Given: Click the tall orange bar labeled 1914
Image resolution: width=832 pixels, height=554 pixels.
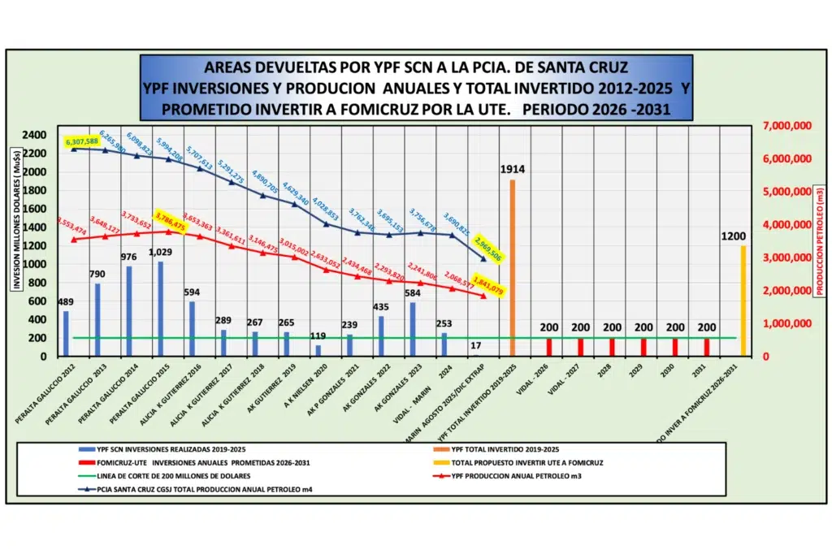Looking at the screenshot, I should [512, 268].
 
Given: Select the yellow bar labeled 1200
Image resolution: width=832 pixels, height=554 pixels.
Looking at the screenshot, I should [743, 301].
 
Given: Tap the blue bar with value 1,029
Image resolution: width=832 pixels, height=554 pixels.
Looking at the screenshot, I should [160, 309].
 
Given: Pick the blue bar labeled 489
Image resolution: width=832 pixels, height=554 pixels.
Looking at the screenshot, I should [66, 334].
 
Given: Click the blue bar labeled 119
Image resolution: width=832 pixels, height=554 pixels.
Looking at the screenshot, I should [318, 351].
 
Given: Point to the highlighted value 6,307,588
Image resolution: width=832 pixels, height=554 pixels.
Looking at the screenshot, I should [82, 141].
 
